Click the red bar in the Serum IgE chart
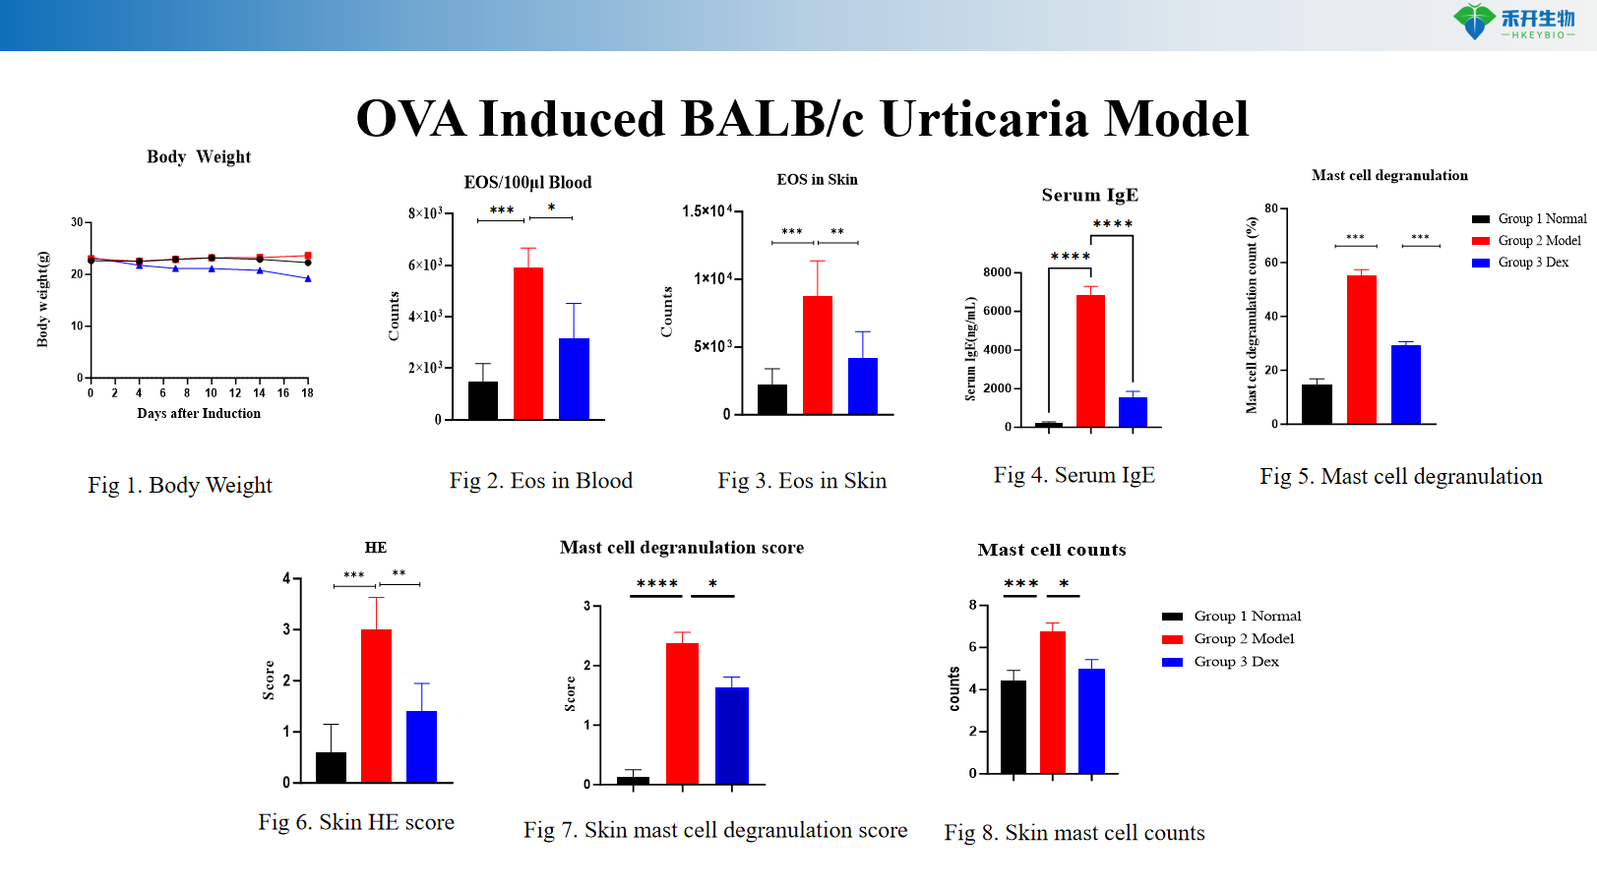[1090, 360]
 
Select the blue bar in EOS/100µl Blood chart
[574, 379]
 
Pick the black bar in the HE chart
[331, 767]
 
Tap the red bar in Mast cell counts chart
[1053, 702]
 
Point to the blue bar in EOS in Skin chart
[862, 385]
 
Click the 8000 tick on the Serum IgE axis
[997, 272]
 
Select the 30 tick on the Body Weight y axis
[77, 222]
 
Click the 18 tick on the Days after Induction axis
[307, 393]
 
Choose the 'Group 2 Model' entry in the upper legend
[1539, 241]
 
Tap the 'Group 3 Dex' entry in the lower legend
[1236, 662]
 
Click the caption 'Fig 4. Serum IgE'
[1074, 476]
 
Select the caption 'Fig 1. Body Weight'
[180, 485]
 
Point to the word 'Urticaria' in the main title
[985, 119]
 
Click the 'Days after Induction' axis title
[199, 414]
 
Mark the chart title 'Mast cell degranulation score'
[682, 548]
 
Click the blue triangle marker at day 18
[308, 279]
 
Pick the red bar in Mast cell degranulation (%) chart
[1362, 349]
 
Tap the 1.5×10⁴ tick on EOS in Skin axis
[706, 211]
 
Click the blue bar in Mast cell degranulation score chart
[731, 736]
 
